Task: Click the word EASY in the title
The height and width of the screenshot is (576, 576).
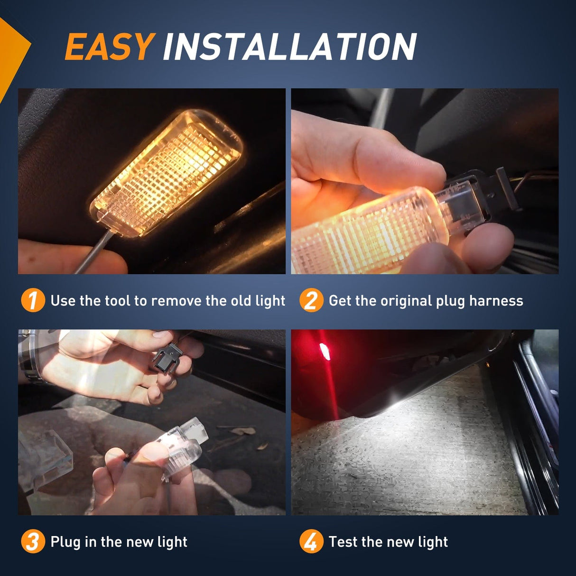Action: click(109, 47)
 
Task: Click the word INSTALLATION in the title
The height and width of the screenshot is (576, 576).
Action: click(289, 47)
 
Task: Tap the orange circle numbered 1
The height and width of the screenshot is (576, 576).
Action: click(33, 300)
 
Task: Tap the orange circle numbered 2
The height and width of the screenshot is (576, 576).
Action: click(311, 300)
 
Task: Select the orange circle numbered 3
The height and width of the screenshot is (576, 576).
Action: click(33, 541)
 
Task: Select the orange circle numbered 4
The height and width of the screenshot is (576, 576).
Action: click(311, 541)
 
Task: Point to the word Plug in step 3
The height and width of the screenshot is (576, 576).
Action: click(65, 542)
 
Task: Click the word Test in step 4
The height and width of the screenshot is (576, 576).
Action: click(343, 541)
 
